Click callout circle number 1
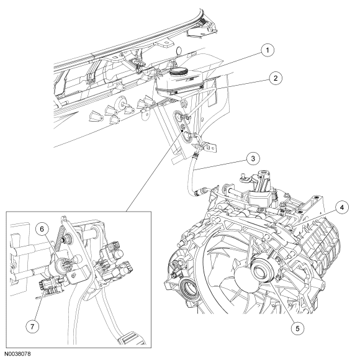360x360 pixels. [x=268, y=50]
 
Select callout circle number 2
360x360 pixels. [x=276, y=78]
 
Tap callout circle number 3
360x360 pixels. [x=253, y=159]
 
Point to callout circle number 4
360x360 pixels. [x=342, y=207]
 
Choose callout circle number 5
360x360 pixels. [x=297, y=328]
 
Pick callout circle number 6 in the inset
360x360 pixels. [x=42, y=230]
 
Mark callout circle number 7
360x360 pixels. [x=32, y=326]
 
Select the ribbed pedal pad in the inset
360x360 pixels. [x=132, y=338]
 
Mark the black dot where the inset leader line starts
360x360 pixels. [x=182, y=130]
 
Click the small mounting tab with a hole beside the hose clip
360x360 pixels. [x=212, y=148]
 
